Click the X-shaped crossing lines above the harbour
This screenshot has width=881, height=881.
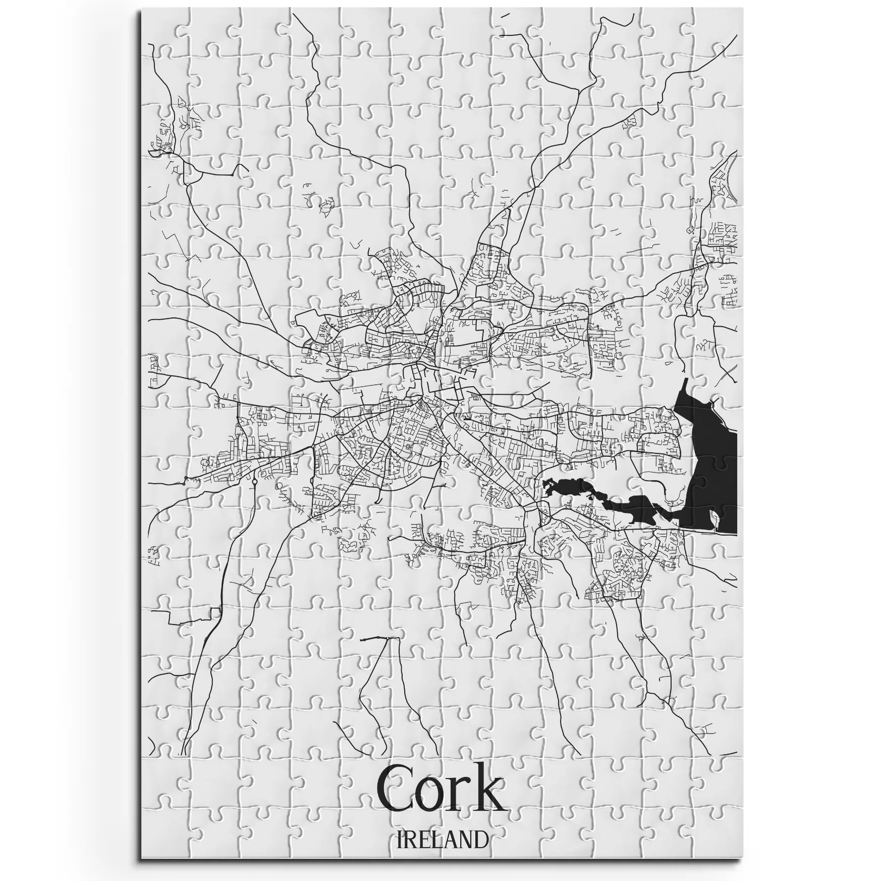point(727,373)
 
